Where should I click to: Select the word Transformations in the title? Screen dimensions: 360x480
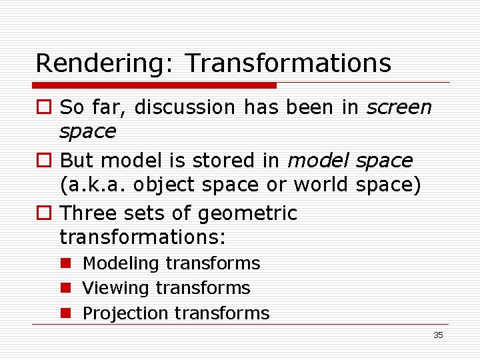click(x=288, y=63)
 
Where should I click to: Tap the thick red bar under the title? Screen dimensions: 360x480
click(x=155, y=85)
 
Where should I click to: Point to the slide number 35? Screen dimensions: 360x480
click(x=438, y=335)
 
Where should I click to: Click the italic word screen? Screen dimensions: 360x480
click(x=399, y=107)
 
